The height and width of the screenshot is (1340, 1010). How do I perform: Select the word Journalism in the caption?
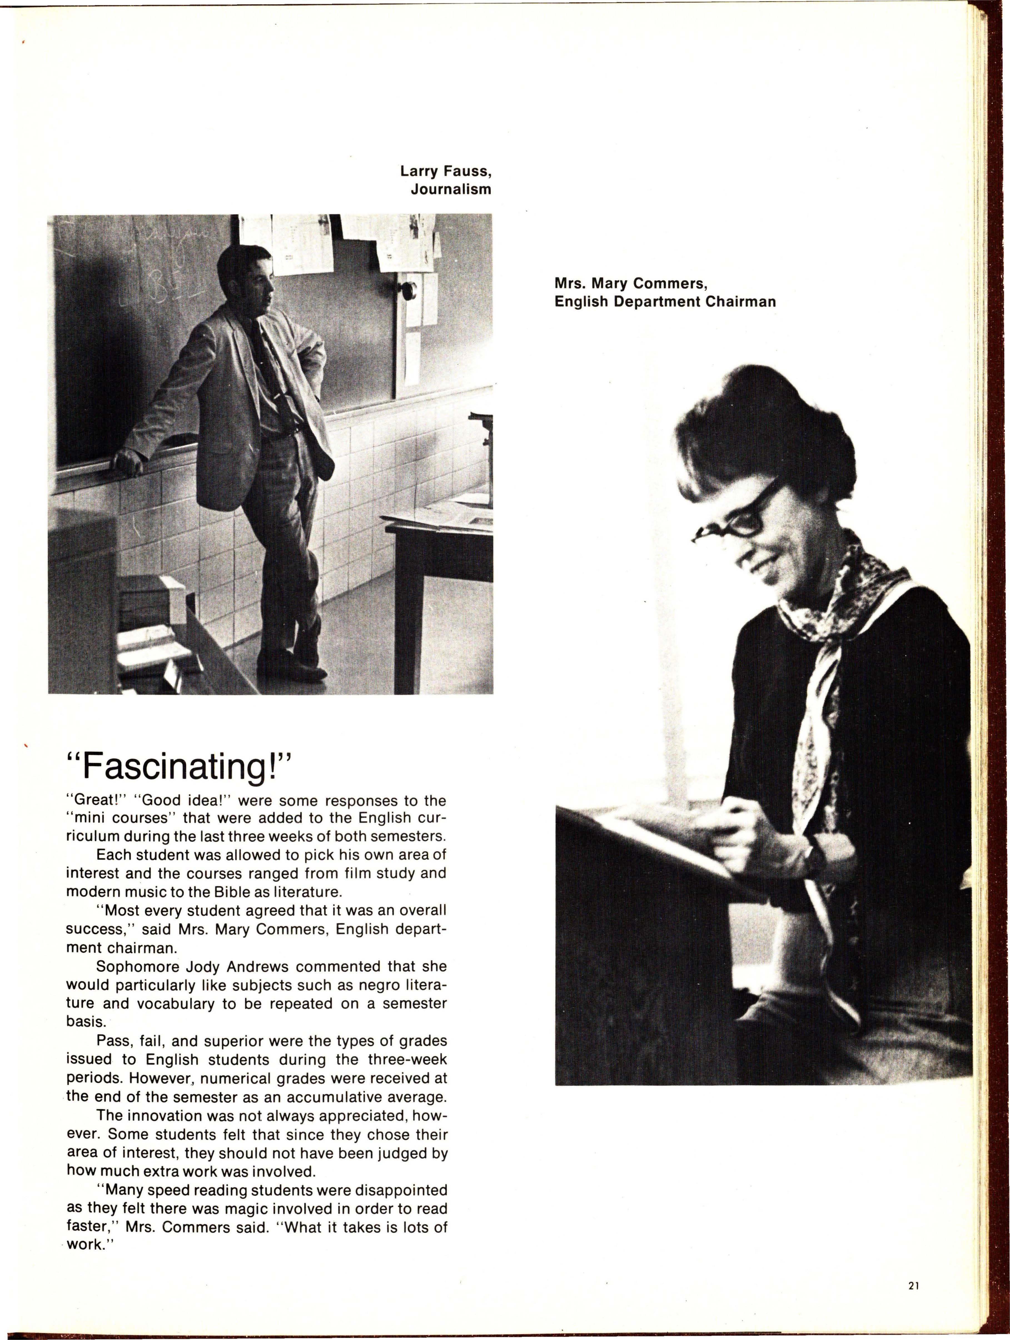[451, 190]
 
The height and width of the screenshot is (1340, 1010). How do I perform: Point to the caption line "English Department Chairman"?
[665, 302]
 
